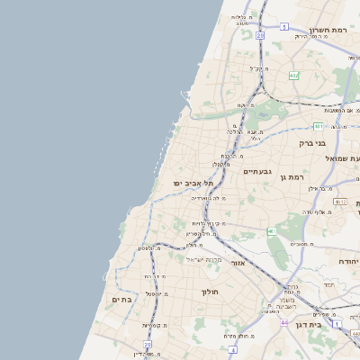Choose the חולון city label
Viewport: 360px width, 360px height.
[210, 292]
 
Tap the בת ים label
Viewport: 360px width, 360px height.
[122, 298]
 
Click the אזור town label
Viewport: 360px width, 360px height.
[238, 263]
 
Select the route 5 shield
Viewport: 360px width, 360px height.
[283, 27]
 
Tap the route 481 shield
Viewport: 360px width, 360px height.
[319, 127]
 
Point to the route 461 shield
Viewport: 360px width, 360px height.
[271, 231]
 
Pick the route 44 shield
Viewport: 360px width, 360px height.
[284, 322]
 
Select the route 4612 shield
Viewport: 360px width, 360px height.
[340, 202]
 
